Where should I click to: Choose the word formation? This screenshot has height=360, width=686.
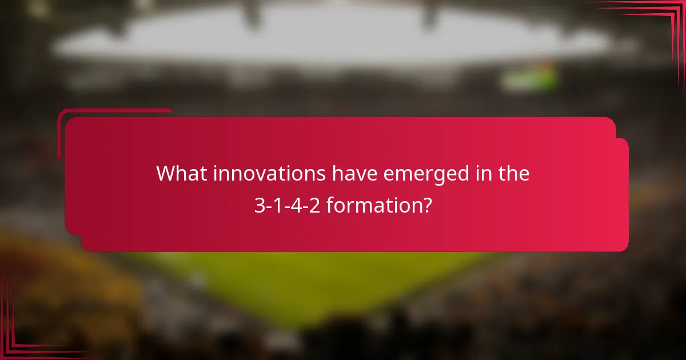point(372,205)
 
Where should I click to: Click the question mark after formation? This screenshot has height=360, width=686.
point(426,205)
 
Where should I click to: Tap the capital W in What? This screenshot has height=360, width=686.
point(166,173)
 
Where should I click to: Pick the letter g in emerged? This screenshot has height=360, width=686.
point(448,176)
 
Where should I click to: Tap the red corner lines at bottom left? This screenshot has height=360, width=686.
point(23,331)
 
